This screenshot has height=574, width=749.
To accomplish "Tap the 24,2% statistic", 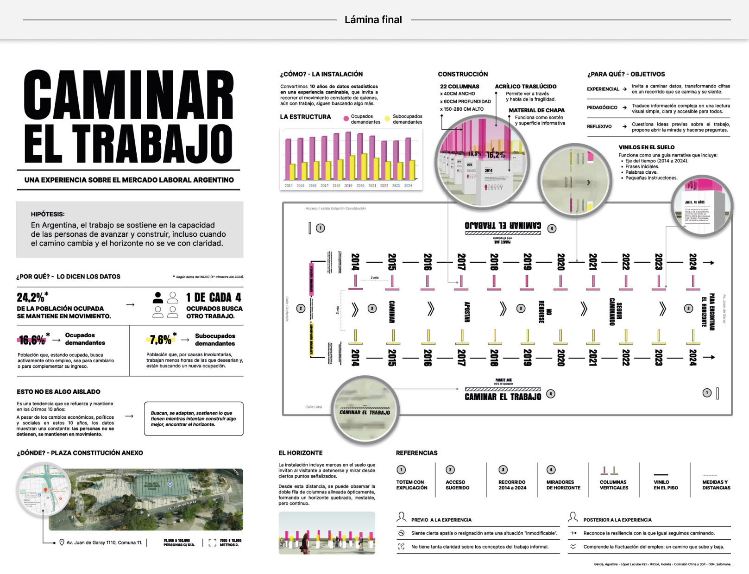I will coord(31,297).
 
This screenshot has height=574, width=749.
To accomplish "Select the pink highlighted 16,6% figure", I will coord(32,340).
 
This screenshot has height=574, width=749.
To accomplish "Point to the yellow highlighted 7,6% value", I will coord(161,340).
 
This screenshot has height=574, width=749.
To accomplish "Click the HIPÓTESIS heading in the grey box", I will coord(48,214).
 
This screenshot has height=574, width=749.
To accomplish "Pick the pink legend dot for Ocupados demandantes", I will coord(346,119).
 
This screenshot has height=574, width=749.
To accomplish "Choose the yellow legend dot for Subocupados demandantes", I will coord(387,119).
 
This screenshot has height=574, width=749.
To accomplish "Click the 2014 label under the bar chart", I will coord(289,186).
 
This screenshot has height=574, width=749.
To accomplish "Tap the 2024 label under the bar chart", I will coord(408,186).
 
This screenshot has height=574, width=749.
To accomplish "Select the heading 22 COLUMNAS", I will coord(459,87).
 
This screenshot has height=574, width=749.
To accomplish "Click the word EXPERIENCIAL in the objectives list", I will coord(603,89).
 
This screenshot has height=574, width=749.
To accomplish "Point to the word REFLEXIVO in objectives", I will coord(599,126).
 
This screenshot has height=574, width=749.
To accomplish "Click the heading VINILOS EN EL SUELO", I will coord(646,147).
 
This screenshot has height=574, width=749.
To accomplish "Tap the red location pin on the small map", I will coord(45,490).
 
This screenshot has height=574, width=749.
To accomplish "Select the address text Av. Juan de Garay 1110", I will coord(95,542).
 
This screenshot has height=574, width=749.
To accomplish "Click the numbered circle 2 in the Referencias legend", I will coord(450,470).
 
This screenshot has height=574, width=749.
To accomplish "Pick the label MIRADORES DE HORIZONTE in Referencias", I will coord(563,485).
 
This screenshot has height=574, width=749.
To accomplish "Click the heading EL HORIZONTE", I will coord(300,453).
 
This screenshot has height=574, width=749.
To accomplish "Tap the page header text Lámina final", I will coord(373,20).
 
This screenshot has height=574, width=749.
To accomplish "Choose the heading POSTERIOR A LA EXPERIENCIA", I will coord(617,520).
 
